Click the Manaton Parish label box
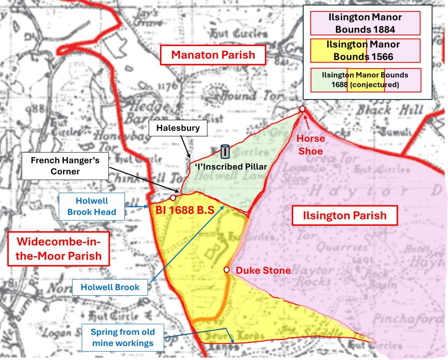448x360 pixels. (213, 56)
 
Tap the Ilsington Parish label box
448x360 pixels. (345, 215)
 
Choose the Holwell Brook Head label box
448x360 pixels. (91, 206)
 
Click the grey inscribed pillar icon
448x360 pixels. (225, 152)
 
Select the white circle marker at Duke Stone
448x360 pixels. (227, 270)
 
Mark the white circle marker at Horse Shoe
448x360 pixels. (302, 109)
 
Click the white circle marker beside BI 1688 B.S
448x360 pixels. (173, 198)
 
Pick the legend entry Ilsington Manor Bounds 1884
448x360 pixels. (365, 24)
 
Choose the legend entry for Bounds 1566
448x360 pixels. (365, 50)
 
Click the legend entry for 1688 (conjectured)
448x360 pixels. (365, 80)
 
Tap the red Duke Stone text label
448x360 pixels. (263, 271)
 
